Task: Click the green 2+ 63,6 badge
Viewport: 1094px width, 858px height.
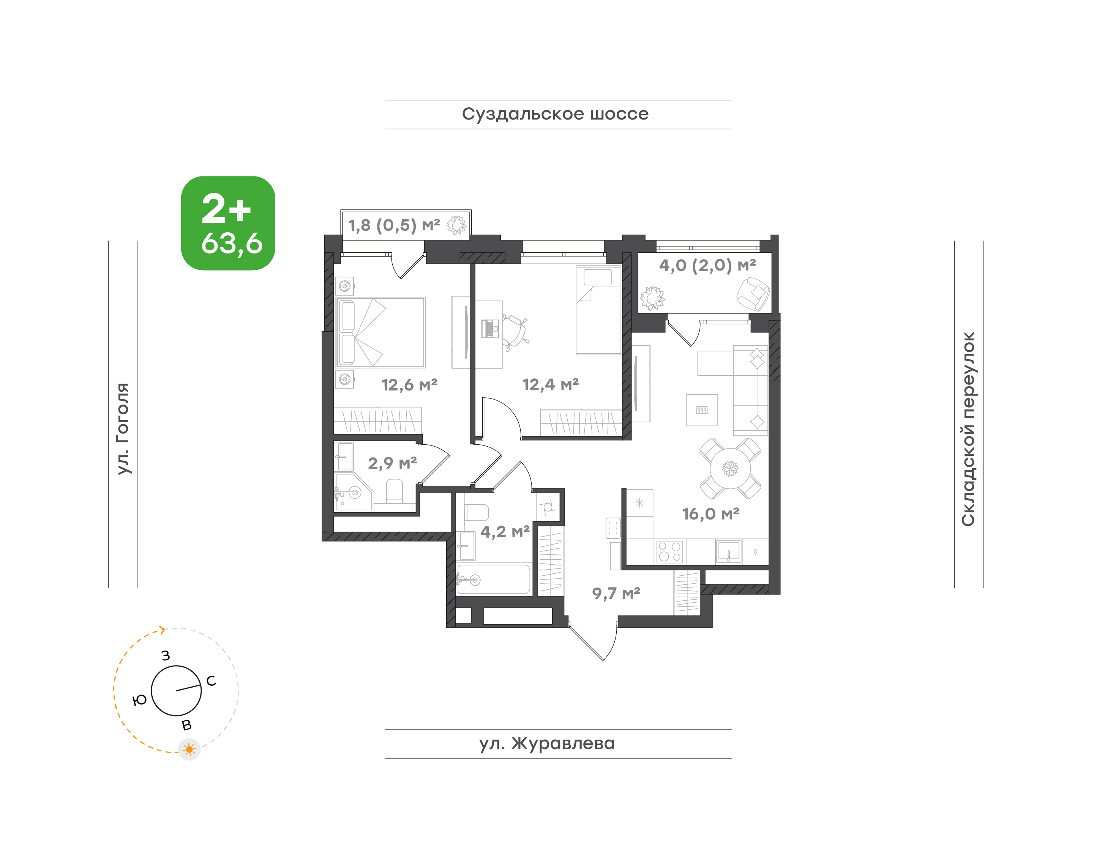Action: click(228, 223)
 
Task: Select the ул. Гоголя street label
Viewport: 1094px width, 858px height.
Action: click(123, 428)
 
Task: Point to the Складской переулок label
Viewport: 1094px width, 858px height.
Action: click(968, 429)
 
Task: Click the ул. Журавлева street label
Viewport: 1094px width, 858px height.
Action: click(547, 743)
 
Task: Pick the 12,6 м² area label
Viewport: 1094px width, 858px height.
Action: click(409, 385)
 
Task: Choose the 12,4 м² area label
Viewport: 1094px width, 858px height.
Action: click(551, 385)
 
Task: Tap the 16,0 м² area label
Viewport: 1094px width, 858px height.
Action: click(710, 514)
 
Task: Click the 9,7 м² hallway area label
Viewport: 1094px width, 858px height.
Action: click(616, 593)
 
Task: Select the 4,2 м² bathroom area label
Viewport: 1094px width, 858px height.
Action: click(505, 532)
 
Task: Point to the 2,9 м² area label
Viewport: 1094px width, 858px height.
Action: click(392, 463)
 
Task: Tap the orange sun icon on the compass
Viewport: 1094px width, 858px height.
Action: click(189, 749)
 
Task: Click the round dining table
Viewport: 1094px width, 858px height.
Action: click(730, 469)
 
